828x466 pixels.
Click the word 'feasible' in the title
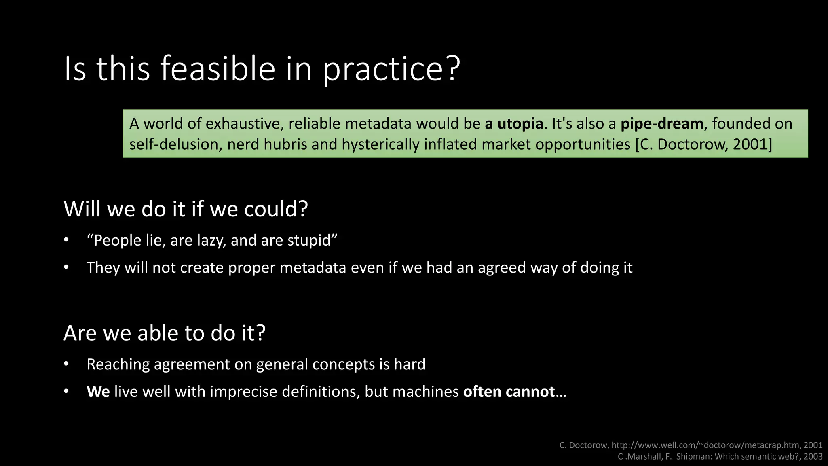(218, 69)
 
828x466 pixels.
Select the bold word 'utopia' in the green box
(520, 124)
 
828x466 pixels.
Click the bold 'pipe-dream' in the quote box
(662, 124)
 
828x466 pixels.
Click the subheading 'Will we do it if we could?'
(186, 209)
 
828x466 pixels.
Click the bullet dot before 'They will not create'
(66, 268)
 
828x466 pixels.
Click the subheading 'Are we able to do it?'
(164, 333)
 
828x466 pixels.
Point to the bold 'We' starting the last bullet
(98, 392)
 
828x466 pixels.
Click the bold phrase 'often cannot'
(509, 392)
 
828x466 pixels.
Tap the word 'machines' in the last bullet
(425, 392)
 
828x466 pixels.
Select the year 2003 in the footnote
(813, 457)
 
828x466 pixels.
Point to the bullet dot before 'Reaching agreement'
(66, 364)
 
